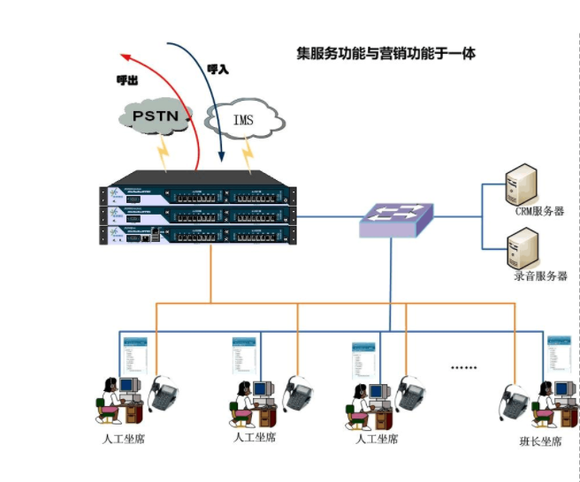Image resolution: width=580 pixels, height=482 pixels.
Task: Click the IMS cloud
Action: pyautogui.click(x=242, y=119)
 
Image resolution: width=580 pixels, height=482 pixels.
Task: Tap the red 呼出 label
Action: pyautogui.click(x=127, y=79)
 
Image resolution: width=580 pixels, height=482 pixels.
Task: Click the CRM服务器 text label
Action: pyautogui.click(x=540, y=212)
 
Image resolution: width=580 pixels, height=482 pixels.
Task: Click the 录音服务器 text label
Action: pyautogui.click(x=540, y=276)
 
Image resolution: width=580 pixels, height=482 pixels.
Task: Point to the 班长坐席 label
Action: pyautogui.click(x=539, y=441)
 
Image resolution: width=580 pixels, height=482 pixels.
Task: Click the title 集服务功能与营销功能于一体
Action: pyautogui.click(x=385, y=54)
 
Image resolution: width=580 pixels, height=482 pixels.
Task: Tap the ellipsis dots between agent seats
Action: pyautogui.click(x=463, y=365)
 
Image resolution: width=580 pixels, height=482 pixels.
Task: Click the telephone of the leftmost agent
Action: pyautogui.click(x=164, y=393)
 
